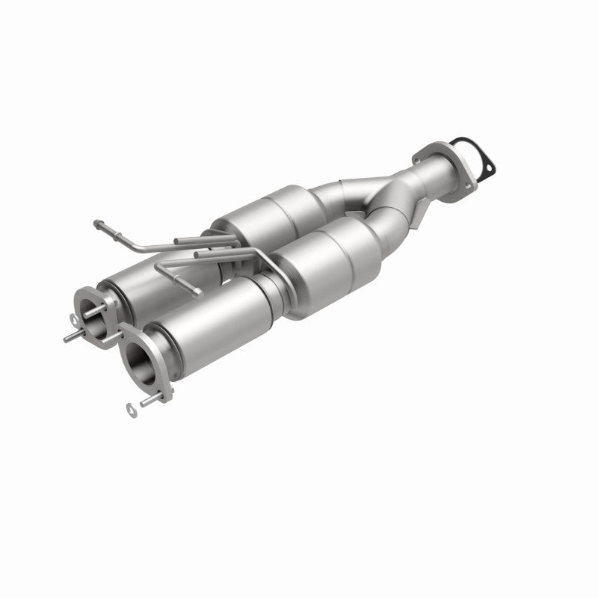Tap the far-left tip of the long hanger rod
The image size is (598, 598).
97,222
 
